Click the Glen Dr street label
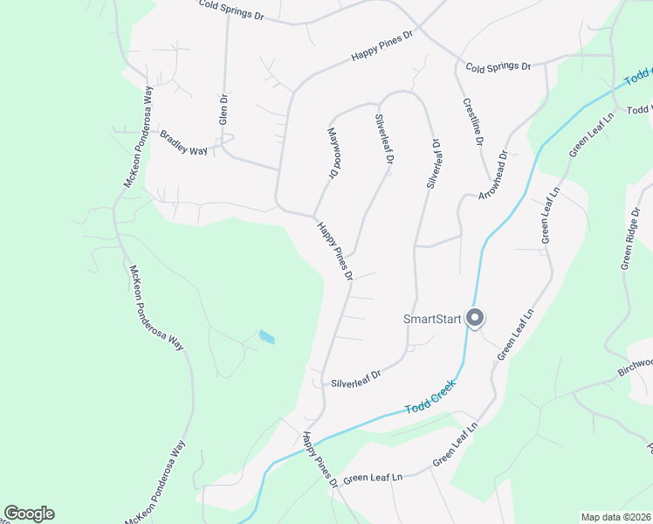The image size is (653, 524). [223, 109]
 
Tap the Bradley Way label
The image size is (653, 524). [184, 143]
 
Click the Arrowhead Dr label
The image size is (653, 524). [492, 176]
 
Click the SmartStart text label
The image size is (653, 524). [431, 319]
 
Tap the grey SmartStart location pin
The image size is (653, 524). [475, 318]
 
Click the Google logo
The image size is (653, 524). [29, 514]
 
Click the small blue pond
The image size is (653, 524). [266, 337]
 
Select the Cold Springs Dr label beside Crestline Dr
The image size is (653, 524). [498, 66]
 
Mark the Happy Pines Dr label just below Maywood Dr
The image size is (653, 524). [334, 251]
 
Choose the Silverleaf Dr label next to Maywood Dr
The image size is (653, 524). [384, 139]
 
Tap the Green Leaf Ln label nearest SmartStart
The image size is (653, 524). [515, 335]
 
